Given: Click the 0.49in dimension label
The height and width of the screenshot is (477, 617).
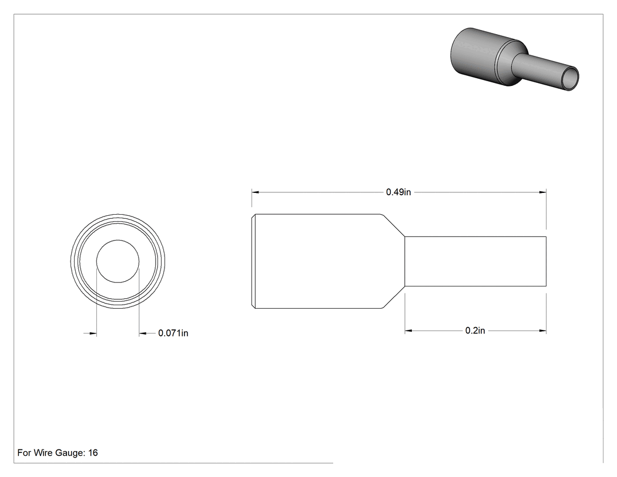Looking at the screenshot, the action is click(398, 192).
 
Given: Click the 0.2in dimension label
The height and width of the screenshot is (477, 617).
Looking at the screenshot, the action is click(475, 331).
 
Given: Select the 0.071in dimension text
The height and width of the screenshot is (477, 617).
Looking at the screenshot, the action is click(173, 333).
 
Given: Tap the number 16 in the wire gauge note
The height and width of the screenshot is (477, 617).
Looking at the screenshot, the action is click(93, 453).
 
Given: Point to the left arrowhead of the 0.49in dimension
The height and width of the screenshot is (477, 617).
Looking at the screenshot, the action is click(256, 192).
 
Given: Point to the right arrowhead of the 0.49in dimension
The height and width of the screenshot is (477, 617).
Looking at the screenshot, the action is click(542, 192).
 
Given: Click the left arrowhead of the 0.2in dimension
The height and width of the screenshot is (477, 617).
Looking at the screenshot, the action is click(408, 331).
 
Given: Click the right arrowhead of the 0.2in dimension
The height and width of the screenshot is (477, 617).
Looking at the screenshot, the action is click(542, 331).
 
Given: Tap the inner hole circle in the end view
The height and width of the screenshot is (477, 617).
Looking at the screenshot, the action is click(118, 240).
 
